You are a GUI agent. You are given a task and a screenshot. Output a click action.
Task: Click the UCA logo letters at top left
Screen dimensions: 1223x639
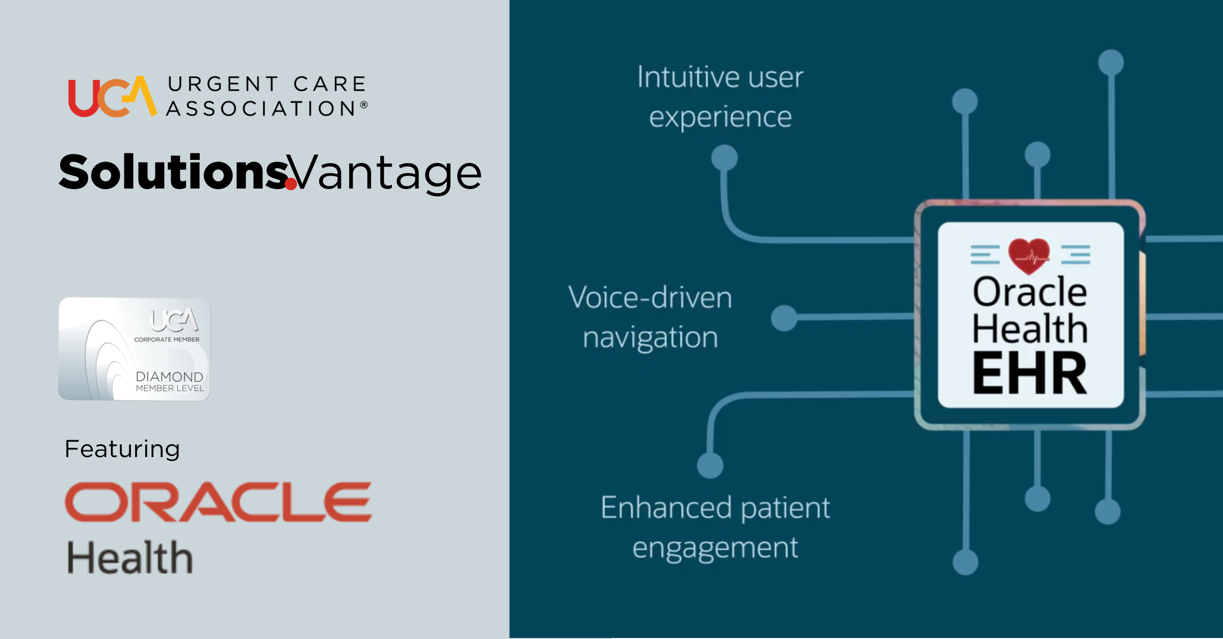click(x=113, y=97)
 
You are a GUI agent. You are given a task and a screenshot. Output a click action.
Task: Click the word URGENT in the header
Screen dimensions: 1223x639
click(x=224, y=84)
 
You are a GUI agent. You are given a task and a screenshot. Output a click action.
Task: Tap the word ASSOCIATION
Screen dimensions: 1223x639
click(x=261, y=109)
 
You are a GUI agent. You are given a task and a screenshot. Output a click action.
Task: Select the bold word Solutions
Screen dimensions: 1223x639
click(x=174, y=172)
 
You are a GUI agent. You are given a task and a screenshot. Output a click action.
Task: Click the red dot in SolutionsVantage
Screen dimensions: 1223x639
click(x=291, y=183)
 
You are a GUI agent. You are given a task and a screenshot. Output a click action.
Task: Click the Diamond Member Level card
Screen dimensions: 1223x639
click(x=135, y=349)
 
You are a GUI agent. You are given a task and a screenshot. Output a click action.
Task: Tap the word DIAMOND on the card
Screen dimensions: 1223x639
click(x=170, y=377)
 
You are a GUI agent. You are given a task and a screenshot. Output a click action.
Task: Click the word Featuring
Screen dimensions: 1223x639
click(x=122, y=449)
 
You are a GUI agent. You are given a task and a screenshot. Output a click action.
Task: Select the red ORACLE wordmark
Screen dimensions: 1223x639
click(x=219, y=502)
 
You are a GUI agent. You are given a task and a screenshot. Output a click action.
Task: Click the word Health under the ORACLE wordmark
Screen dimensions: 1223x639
click(x=130, y=557)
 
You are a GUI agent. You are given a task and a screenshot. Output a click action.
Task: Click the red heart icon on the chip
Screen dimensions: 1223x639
click(x=1029, y=256)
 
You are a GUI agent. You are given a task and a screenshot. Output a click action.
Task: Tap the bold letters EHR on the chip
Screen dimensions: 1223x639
click(x=1030, y=373)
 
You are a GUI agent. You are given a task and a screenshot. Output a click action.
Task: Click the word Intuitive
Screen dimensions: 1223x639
click(x=688, y=77)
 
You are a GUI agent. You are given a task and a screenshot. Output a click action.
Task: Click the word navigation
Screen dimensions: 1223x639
click(x=650, y=338)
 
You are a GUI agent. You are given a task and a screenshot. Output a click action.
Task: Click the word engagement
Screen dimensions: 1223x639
click(x=715, y=548)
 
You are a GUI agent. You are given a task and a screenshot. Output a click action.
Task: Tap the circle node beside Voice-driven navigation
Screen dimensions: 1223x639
click(x=784, y=318)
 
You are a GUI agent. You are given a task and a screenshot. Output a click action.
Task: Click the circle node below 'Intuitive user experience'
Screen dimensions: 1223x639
click(x=724, y=157)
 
